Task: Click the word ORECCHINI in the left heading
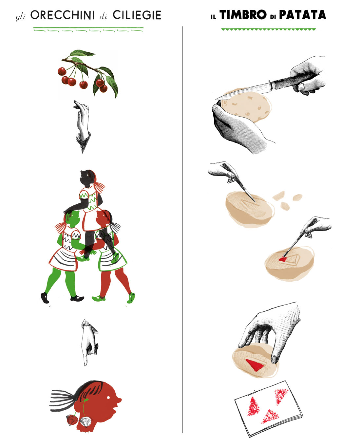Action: (62, 15)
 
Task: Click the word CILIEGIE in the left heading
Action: (137, 15)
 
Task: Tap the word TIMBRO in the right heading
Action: (243, 15)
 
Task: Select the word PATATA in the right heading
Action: (302, 15)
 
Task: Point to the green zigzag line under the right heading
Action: (269, 29)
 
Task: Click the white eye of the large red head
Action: (108, 398)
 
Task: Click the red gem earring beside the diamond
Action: (72, 420)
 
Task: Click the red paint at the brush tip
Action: (283, 259)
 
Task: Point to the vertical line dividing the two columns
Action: (183, 230)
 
